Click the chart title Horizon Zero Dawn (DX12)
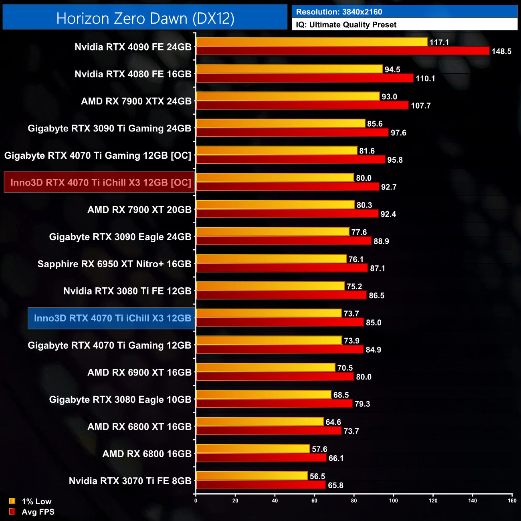tap(145, 18)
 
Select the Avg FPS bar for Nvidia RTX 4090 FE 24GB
tap(343, 51)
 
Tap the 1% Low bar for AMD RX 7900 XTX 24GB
tap(288, 96)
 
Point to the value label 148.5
tap(501, 51)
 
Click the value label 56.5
tap(317, 476)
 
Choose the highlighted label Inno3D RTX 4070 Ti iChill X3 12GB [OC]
tap(101, 182)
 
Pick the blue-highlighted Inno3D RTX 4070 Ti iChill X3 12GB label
tap(112, 318)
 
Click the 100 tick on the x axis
tap(394, 501)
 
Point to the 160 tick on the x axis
tap(512, 501)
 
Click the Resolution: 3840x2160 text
tap(339, 12)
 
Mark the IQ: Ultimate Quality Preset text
tap(346, 25)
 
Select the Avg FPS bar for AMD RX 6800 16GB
tap(261, 458)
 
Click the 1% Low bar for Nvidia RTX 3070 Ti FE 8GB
tap(252, 476)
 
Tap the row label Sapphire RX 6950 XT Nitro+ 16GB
tap(114, 264)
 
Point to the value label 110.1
tap(425, 79)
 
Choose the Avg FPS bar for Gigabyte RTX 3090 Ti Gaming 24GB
tap(293, 132)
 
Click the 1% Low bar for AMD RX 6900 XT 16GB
tap(266, 367)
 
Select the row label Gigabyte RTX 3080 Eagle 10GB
tap(120, 400)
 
